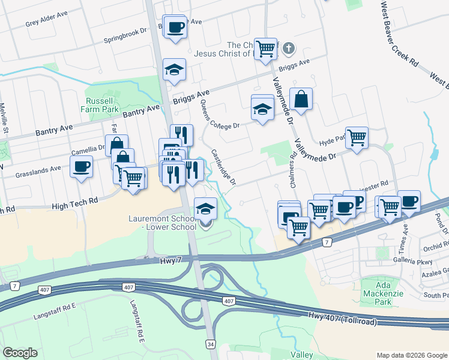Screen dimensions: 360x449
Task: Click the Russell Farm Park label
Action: pyautogui.click(x=100, y=105)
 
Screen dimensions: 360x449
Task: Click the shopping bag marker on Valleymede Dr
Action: pyautogui.click(x=301, y=99)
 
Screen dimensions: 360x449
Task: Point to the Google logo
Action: pyautogui.click(x=20, y=353)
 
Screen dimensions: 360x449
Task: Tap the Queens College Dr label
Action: pyautogui.click(x=220, y=118)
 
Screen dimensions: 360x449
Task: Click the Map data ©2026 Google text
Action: pyautogui.click(x=411, y=355)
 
